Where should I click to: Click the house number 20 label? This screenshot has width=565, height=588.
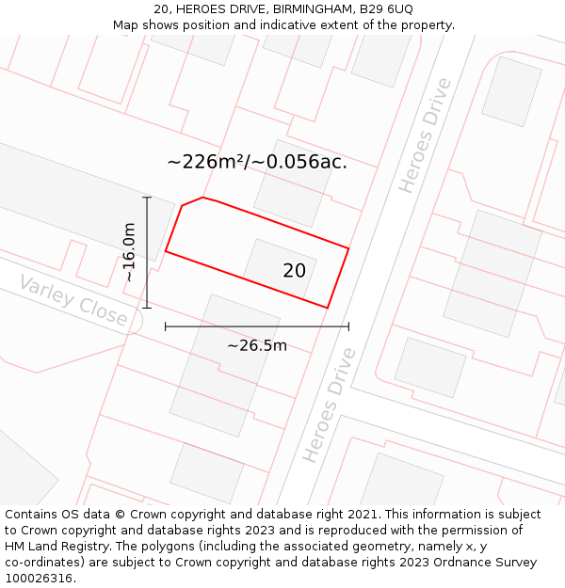pyautogui.click(x=294, y=271)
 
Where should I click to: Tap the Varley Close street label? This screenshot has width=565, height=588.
pyautogui.click(x=73, y=301)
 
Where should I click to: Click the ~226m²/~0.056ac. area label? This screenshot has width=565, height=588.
pyautogui.click(x=257, y=162)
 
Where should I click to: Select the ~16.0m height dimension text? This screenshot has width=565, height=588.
pyautogui.click(x=129, y=252)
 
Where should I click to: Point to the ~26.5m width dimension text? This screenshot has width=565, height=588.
pyautogui.click(x=256, y=345)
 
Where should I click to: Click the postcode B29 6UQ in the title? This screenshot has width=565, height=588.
pyautogui.click(x=386, y=8)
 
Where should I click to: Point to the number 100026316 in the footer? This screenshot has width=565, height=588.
pyautogui.click(x=40, y=578)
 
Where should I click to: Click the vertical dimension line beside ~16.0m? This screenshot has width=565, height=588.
pyautogui.click(x=147, y=252)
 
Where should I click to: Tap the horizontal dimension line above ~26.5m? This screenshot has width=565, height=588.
pyautogui.click(x=256, y=326)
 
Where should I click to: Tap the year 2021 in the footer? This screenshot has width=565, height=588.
pyautogui.click(x=361, y=514)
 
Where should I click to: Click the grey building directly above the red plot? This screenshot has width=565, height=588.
pyautogui.click(x=293, y=183)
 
